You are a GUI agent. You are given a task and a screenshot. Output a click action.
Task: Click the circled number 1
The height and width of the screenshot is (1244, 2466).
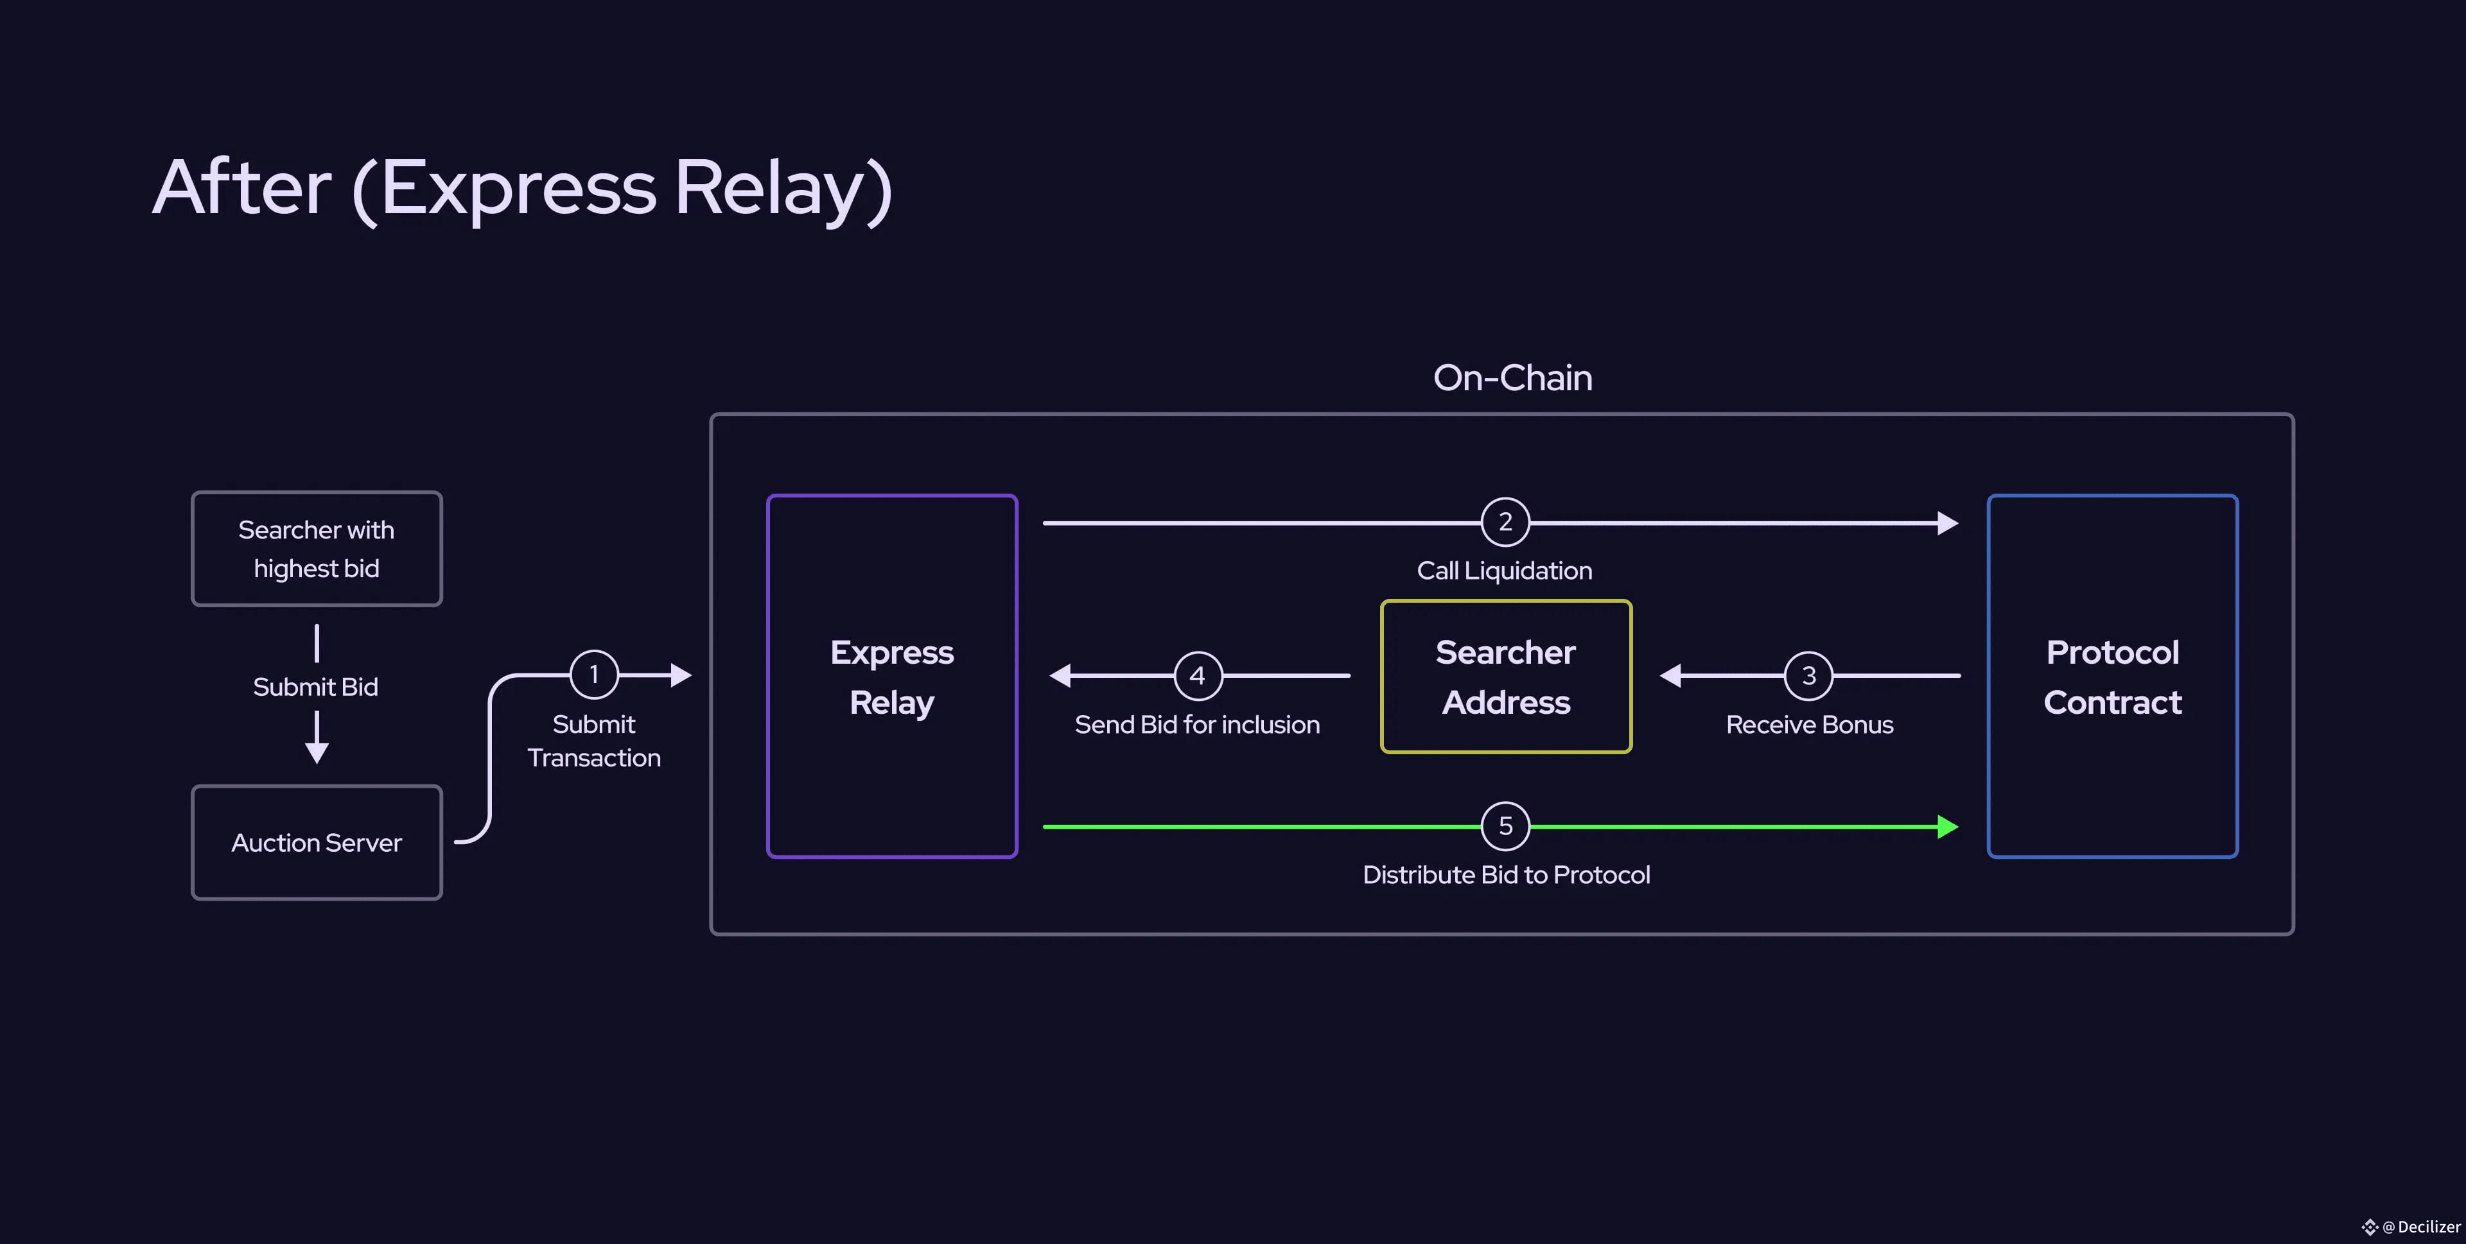pos(593,675)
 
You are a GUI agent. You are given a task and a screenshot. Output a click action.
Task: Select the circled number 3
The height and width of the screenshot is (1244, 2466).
pos(1808,675)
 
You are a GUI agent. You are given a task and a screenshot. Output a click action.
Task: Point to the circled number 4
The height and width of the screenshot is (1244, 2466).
pos(1198,675)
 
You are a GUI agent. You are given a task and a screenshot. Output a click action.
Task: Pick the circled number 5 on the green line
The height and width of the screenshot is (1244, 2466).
pos(1505,826)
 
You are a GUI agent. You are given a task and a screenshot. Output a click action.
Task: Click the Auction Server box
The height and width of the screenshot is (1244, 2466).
pos(317,842)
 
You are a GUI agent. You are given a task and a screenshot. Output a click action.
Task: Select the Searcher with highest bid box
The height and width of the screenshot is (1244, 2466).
pos(317,548)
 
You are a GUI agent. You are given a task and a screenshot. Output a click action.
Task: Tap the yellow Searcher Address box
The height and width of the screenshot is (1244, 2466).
pos(1506,677)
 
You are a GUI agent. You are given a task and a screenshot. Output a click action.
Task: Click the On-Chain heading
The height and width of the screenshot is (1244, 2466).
pos(1512,378)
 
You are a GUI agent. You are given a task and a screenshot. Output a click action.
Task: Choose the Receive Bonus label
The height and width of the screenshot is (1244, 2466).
pos(1809,725)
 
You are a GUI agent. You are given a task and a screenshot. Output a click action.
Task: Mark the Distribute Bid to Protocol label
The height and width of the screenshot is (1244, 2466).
pos(1506,875)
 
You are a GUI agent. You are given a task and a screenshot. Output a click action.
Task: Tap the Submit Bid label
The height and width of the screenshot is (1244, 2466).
pos(316,687)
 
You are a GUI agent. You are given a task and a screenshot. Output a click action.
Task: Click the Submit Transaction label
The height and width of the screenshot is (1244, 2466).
pos(593,741)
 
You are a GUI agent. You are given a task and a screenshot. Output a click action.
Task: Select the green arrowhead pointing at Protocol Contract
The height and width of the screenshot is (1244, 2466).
pos(1948,827)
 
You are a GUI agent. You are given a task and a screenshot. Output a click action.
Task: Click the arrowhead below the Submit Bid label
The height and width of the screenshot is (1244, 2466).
pos(317,752)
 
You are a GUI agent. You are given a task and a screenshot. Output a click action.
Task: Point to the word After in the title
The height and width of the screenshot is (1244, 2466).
pos(242,187)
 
